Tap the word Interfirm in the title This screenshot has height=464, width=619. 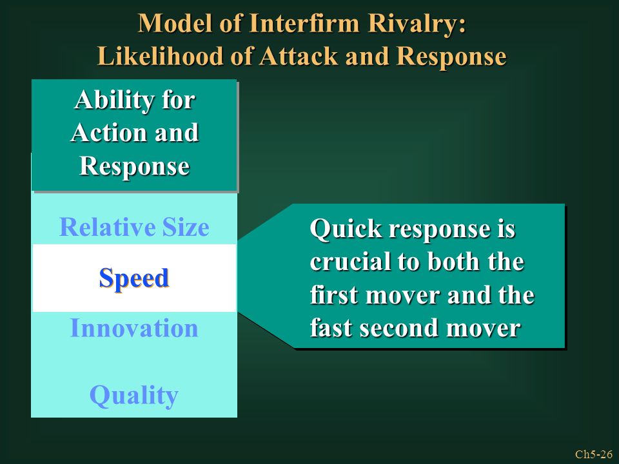coord(304,23)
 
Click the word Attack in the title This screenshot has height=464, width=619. coord(299,55)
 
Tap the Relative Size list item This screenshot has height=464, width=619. coord(134,227)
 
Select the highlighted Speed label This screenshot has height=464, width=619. coord(134,278)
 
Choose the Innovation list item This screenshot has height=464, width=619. coord(134,328)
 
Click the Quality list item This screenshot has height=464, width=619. coord(134,396)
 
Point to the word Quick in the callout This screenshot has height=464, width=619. coord(346,229)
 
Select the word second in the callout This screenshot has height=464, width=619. coord(398,328)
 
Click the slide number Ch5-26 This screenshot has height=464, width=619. coord(594,454)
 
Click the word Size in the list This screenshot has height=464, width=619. coord(186,227)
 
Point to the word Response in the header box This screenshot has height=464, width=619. coord(135,166)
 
